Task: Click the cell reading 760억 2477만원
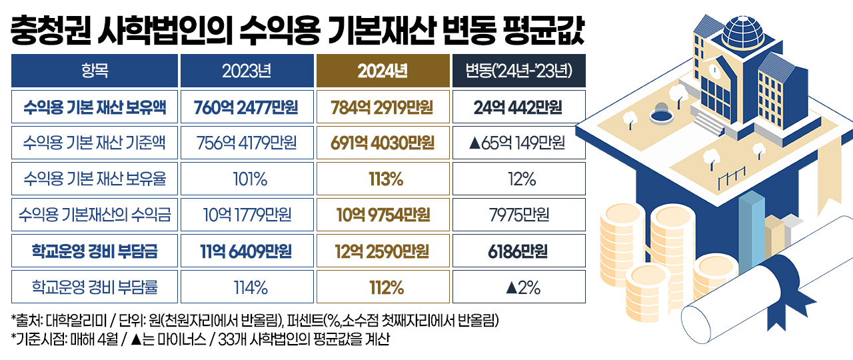247,107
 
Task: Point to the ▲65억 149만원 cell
518,143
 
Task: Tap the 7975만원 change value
518,215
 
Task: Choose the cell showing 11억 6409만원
247,251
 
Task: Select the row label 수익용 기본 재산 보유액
94,107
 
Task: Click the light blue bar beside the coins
752,227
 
